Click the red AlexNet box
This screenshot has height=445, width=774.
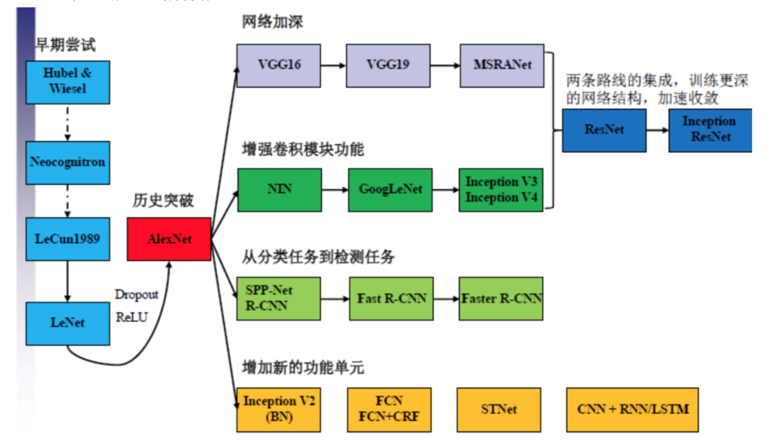169,239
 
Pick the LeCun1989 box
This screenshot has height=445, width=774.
68,239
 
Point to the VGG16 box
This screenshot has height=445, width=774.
279,65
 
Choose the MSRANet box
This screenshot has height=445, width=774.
502,65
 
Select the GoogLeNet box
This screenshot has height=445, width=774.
390,190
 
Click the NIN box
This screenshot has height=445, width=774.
280,190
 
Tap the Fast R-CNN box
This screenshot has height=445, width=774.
391,299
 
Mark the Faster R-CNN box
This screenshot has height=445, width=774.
501,299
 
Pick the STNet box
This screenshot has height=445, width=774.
498,409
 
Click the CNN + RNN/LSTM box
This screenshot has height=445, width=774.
632,409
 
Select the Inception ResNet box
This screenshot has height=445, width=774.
710,130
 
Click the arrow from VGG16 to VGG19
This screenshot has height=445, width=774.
333,65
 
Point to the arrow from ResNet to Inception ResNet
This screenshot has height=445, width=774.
657,130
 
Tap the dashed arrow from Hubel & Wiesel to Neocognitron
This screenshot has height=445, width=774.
68,123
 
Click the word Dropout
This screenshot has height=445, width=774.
137,294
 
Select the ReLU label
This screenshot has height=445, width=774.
132,317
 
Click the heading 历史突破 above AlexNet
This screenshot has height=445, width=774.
163,200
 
